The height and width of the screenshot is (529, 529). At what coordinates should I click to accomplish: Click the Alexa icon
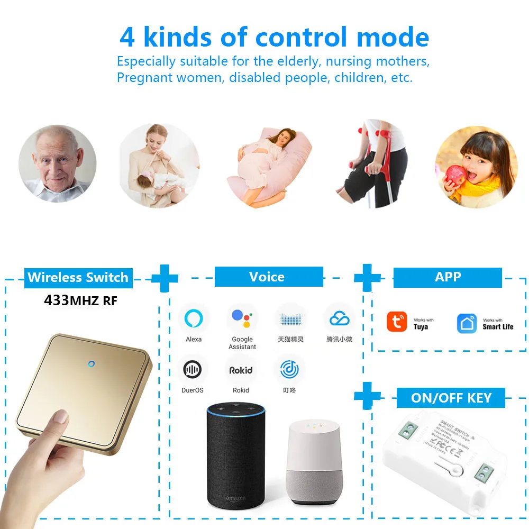[194, 318]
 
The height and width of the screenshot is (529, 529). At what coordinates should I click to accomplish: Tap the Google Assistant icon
[242, 318]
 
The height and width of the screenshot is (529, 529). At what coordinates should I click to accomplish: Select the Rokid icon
[241, 370]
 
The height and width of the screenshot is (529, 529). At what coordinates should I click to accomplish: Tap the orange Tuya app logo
[397, 322]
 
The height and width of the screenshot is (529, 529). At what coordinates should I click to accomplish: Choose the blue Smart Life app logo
[467, 323]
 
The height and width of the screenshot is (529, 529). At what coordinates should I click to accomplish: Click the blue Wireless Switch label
[78, 277]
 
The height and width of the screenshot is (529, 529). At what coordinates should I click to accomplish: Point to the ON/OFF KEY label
[451, 398]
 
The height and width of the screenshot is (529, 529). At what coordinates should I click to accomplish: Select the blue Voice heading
[268, 277]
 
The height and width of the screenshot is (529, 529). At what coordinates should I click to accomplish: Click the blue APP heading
[448, 277]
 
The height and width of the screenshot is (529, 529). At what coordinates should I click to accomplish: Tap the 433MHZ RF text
[80, 301]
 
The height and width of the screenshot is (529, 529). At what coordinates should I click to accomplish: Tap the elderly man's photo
[57, 163]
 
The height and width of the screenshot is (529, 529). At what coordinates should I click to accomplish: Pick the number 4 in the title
[127, 38]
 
